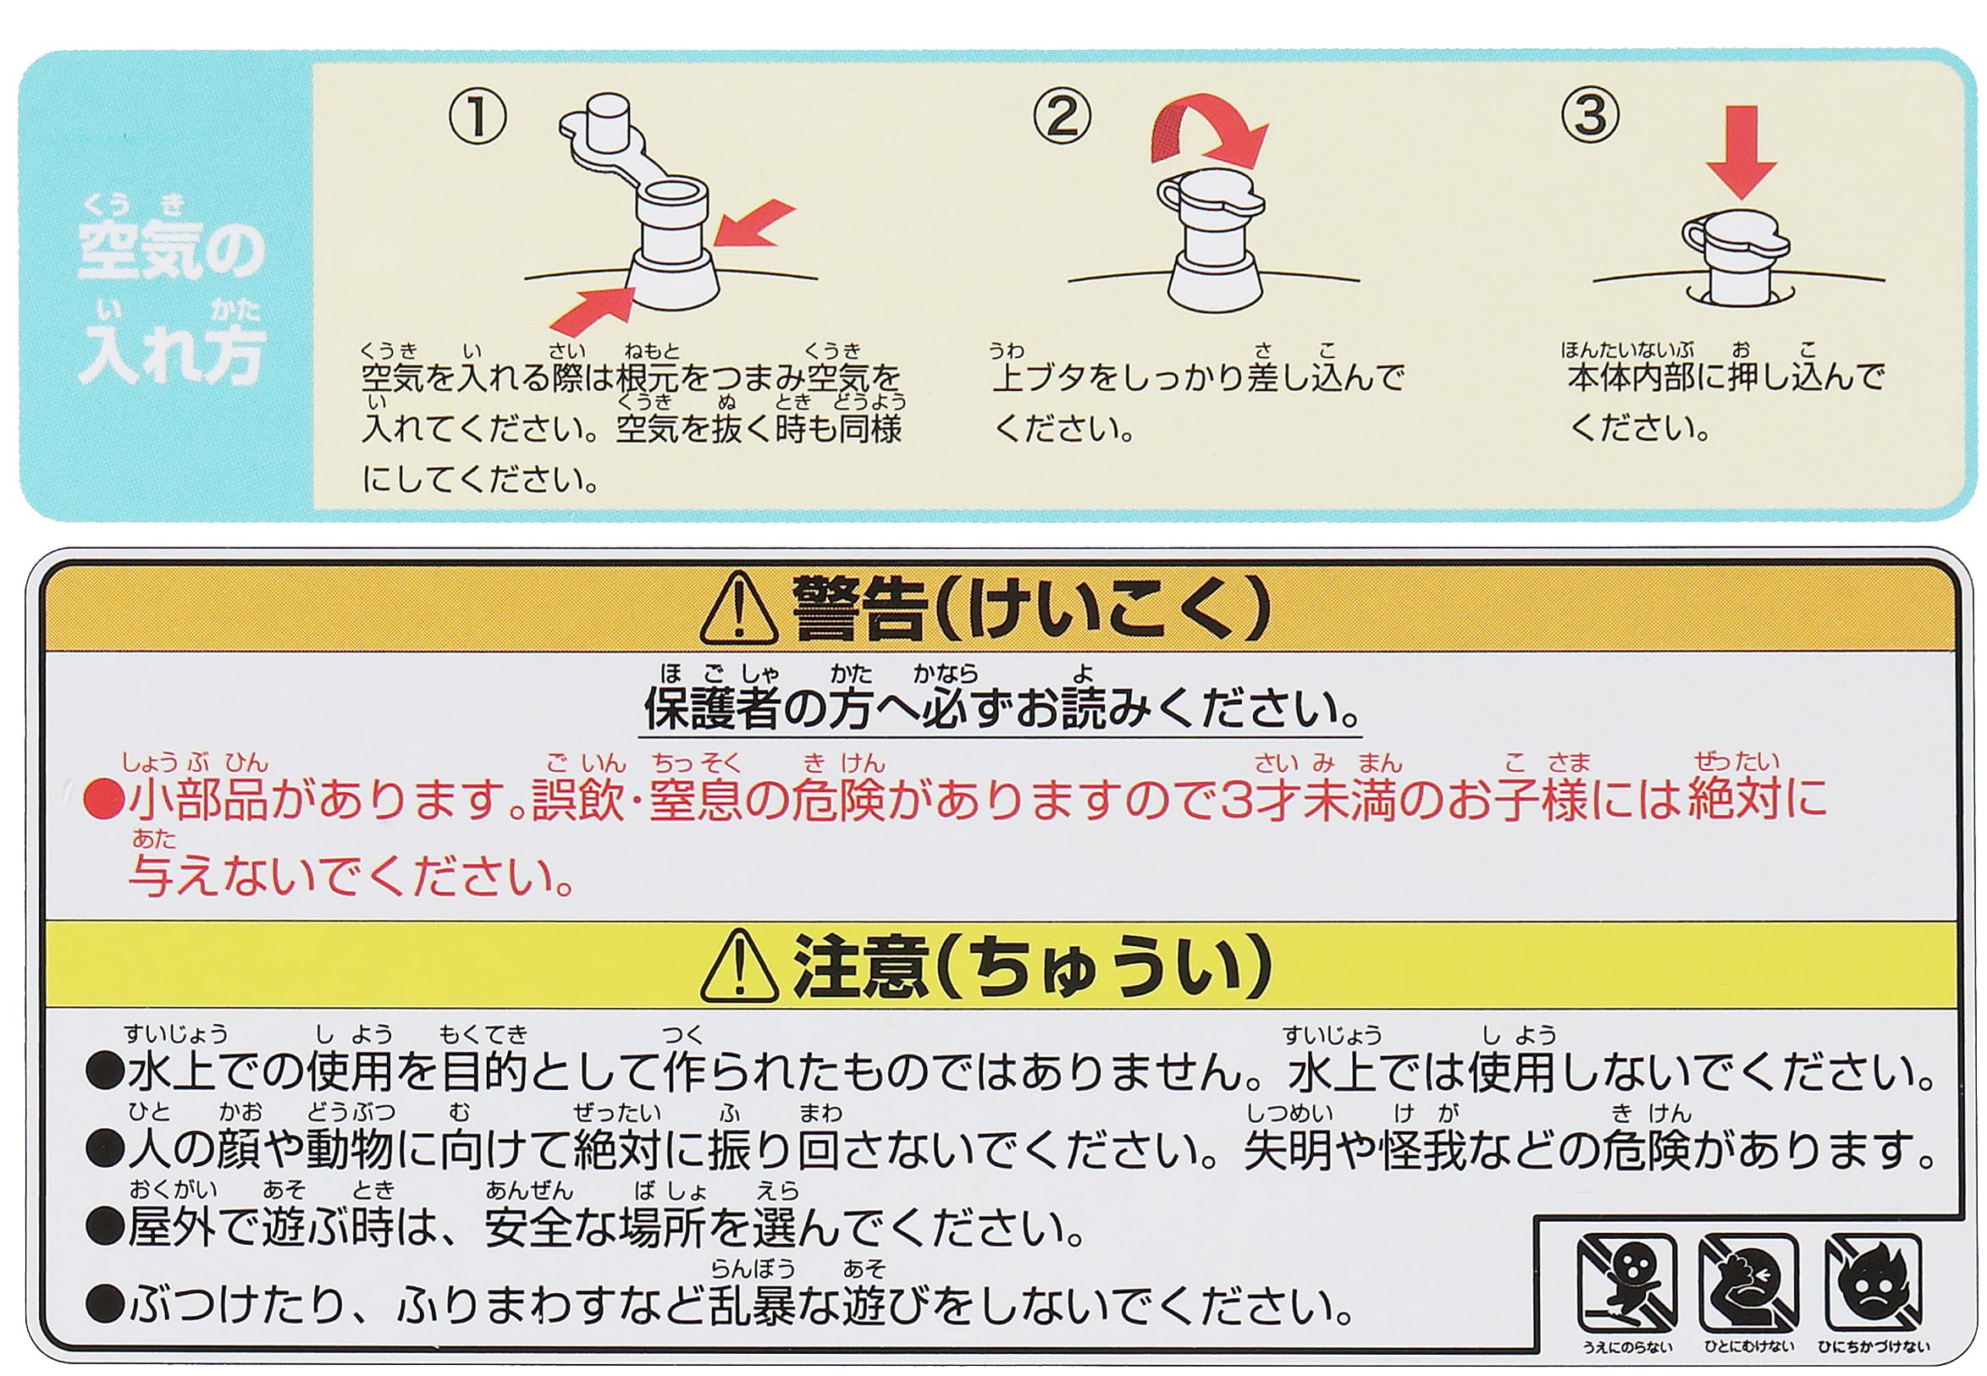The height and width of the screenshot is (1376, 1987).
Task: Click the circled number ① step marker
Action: pos(477,118)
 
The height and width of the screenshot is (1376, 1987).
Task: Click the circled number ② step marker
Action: pos(1062,117)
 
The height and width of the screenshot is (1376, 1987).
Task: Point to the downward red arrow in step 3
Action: pos(1742,151)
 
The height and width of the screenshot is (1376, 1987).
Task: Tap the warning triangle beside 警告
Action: pos(739,608)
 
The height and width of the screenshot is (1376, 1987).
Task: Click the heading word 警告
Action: pos(859,608)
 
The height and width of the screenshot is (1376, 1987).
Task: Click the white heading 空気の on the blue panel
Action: pos(171,250)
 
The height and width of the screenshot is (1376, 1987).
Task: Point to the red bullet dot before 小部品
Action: pos(102,799)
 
